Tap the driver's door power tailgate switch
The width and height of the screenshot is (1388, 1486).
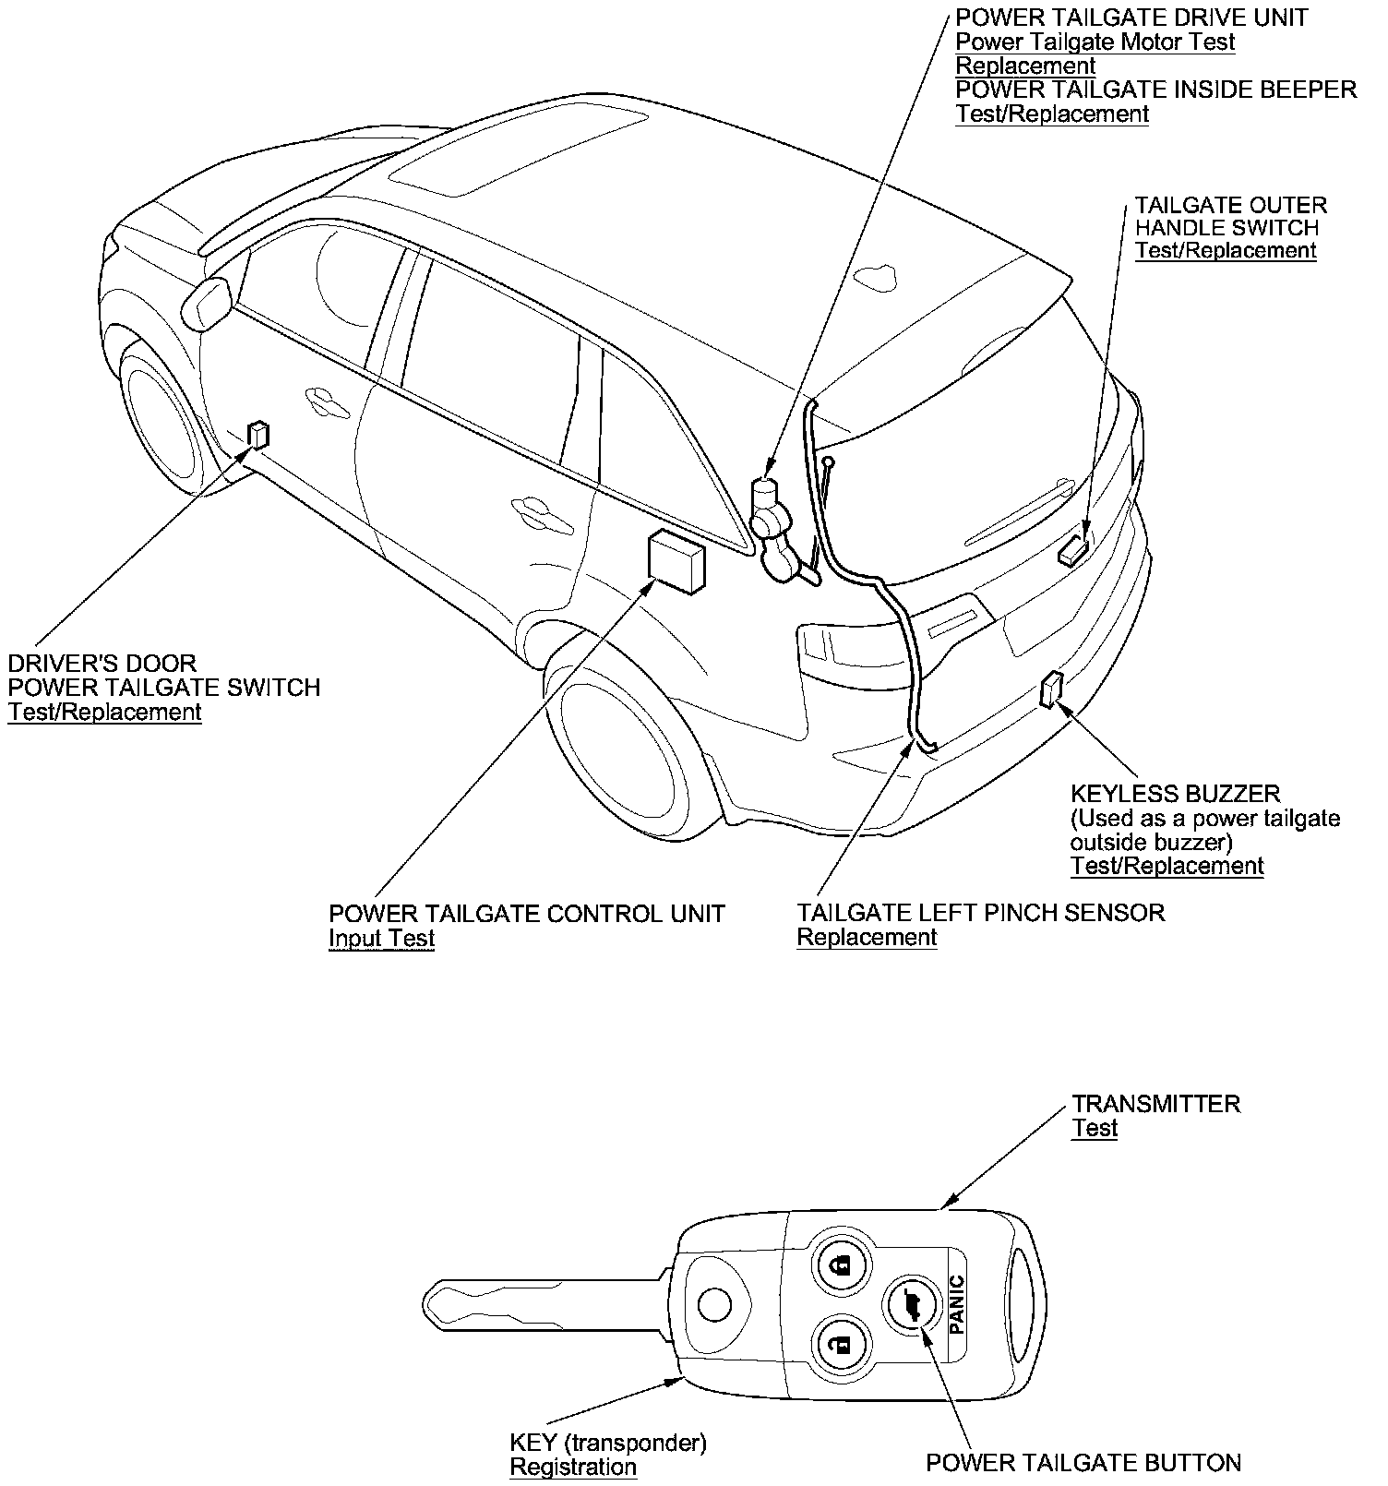point(259,434)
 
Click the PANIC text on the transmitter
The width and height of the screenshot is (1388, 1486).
point(957,1303)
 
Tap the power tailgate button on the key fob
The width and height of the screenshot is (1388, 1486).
point(913,1305)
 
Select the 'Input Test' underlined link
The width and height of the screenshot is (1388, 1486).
point(381,939)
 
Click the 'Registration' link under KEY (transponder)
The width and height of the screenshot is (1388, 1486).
point(573,1467)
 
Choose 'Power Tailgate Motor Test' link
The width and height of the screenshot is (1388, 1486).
point(1095,42)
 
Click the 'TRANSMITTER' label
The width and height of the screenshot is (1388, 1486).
point(1155,1104)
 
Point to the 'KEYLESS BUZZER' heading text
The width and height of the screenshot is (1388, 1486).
point(1175,794)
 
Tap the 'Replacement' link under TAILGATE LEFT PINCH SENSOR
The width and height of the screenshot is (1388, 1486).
point(867,938)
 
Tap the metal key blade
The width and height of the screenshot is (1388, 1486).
point(544,1303)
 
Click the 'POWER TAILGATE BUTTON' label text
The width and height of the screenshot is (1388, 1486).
point(1083,1463)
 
